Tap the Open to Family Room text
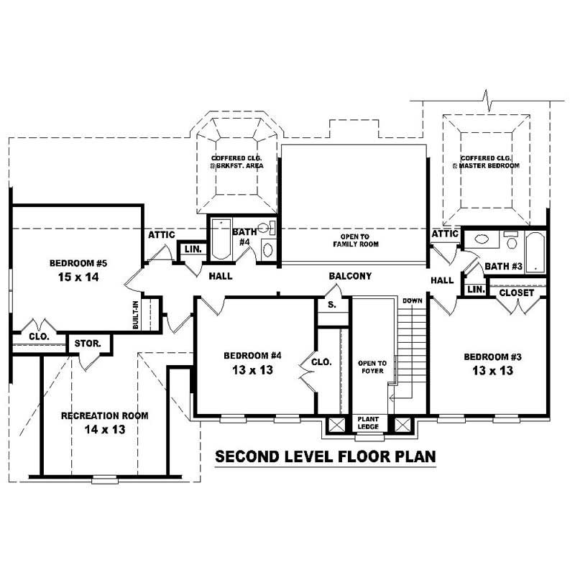(x=355, y=240)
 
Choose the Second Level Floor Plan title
(x=326, y=456)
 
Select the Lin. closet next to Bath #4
(x=192, y=249)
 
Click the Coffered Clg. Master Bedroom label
(x=486, y=162)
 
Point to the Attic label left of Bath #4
(x=162, y=234)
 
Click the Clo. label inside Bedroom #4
(x=321, y=362)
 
